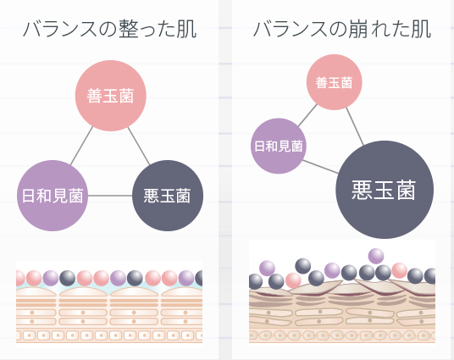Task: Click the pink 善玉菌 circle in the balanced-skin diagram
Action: tap(111, 96)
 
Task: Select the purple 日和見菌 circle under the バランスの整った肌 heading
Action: tap(53, 196)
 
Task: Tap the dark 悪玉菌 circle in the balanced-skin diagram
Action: tap(168, 196)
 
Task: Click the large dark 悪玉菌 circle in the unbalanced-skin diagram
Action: tap(385, 190)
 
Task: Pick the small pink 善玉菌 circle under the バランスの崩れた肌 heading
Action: tap(334, 82)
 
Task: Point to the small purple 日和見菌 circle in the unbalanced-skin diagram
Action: tap(279, 146)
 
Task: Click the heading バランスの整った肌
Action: tap(110, 29)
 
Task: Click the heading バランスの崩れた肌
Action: tap(342, 29)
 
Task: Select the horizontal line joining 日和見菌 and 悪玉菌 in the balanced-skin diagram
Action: tap(110, 196)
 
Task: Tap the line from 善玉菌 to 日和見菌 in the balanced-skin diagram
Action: tap(81, 146)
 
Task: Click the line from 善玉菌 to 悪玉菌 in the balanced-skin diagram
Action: tap(139, 146)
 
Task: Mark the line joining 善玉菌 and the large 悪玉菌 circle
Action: tap(355, 126)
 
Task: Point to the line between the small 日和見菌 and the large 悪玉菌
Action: tap(320, 167)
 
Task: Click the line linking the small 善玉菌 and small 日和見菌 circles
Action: tap(307, 115)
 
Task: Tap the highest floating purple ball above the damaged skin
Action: tap(376, 256)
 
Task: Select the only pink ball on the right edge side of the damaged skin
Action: tap(400, 270)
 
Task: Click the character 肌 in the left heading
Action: tap(187, 29)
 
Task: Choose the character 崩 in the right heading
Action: tap(358, 29)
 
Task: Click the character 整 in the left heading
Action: tap(129, 29)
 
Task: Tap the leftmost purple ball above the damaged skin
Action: tap(267, 269)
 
